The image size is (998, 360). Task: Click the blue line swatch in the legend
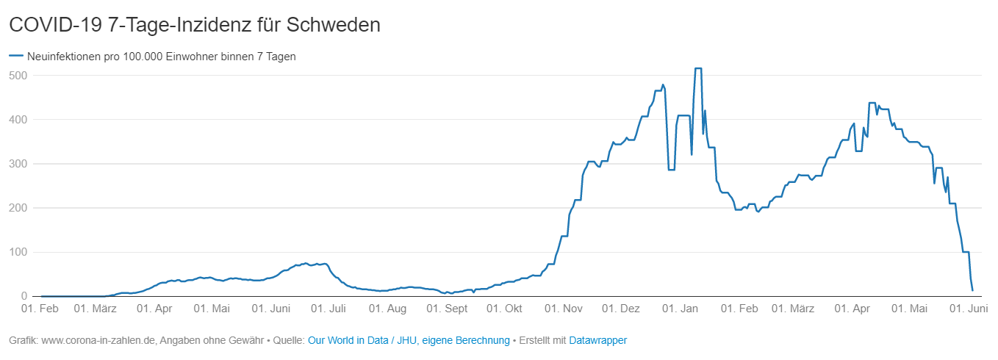coord(15,56)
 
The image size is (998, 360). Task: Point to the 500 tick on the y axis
coord(18,75)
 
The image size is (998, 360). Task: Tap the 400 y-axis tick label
coord(18,119)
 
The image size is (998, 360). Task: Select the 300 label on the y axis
coord(18,163)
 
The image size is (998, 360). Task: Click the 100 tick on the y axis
coord(18,252)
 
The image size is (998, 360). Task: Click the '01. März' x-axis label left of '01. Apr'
coord(96,309)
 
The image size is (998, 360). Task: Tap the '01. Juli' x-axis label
coord(329,309)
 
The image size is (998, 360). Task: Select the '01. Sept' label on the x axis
coord(446,309)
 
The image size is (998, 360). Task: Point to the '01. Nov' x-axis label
coord(563,309)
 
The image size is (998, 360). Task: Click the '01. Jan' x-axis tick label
coord(680,309)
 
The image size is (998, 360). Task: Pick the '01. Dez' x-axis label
coord(621,309)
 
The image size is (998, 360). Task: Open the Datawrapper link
coord(597,340)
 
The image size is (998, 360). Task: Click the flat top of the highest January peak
coord(698,68)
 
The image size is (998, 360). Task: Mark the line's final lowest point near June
coord(972,290)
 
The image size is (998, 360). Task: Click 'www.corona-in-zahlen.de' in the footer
coord(98,340)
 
